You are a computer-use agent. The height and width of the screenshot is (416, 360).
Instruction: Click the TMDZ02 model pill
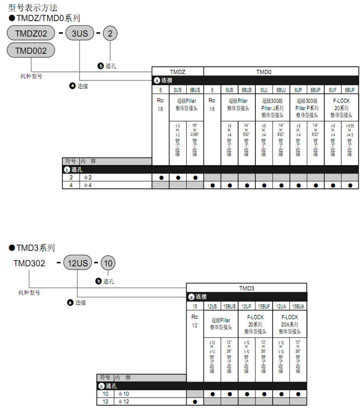[x=31, y=33]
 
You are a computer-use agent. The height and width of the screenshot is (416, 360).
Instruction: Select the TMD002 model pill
[x=31, y=50]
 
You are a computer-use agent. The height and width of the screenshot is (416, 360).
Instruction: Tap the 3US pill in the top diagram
[x=79, y=33]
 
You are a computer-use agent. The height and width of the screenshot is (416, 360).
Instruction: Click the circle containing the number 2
[x=111, y=33]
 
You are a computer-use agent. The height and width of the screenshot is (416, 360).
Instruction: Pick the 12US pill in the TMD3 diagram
[x=77, y=263]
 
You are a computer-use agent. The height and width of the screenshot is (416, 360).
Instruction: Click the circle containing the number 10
[x=108, y=263]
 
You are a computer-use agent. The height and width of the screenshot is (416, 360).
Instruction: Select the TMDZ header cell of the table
[x=178, y=72]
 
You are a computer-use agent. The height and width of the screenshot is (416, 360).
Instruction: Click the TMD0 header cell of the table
[x=281, y=72]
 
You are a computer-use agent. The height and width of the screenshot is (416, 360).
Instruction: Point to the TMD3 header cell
[x=247, y=288]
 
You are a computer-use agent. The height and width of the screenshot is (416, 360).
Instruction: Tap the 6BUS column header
[x=195, y=90]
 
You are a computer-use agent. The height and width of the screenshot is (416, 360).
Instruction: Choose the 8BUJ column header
[x=281, y=90]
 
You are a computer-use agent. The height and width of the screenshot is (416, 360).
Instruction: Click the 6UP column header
[x=298, y=90]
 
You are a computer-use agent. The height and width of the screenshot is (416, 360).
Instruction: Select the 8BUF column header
[x=349, y=90]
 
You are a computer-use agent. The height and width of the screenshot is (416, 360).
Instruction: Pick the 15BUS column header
[x=229, y=306]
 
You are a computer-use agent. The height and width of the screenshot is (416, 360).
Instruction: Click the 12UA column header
[x=281, y=306]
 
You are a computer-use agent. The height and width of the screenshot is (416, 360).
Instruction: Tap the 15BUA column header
[x=299, y=306]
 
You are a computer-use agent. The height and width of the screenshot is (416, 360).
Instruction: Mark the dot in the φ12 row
[x=195, y=402]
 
